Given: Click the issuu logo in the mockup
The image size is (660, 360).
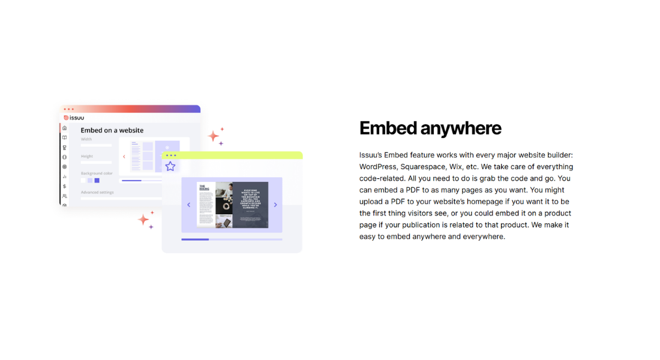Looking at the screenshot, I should (x=74, y=118).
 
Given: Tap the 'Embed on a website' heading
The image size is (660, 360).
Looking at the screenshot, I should (x=112, y=130).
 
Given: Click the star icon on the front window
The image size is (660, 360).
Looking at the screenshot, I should (x=170, y=166).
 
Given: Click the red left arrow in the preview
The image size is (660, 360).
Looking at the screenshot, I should (x=124, y=157).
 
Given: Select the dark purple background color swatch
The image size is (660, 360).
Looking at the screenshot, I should (x=97, y=180).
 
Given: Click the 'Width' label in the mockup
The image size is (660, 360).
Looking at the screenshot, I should (x=86, y=139).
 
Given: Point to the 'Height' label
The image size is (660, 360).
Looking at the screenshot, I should (x=87, y=156).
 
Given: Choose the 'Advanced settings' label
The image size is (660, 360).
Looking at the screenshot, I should (x=97, y=193).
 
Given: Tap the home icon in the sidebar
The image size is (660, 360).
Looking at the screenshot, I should (x=65, y=128).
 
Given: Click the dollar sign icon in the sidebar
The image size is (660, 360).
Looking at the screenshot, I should (x=65, y=186).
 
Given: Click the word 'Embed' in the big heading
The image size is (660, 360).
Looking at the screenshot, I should (x=387, y=128).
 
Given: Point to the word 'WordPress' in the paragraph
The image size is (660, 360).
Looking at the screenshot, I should (x=378, y=166).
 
